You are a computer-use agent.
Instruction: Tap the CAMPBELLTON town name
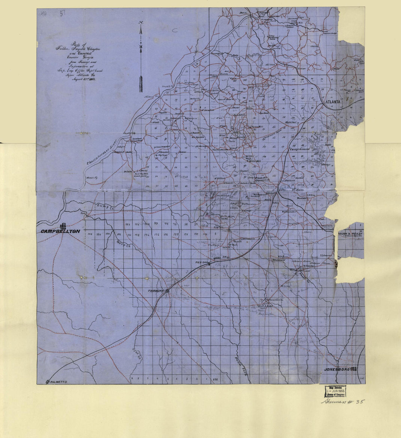pos(61,231)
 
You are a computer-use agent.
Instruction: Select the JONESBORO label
pos(337,369)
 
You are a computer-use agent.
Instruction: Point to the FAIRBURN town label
pos(156,290)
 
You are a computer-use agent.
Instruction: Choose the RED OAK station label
pos(201,263)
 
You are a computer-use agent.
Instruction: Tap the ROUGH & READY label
pos(350,233)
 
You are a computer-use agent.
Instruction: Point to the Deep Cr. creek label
pos(124,245)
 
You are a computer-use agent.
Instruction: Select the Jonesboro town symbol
pos(354,369)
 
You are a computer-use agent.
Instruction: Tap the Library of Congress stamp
pos(335,391)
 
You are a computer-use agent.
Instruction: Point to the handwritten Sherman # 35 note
pos(342,401)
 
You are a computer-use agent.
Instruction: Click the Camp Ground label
pos(299,149)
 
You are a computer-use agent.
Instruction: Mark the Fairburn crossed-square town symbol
pos(168,291)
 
